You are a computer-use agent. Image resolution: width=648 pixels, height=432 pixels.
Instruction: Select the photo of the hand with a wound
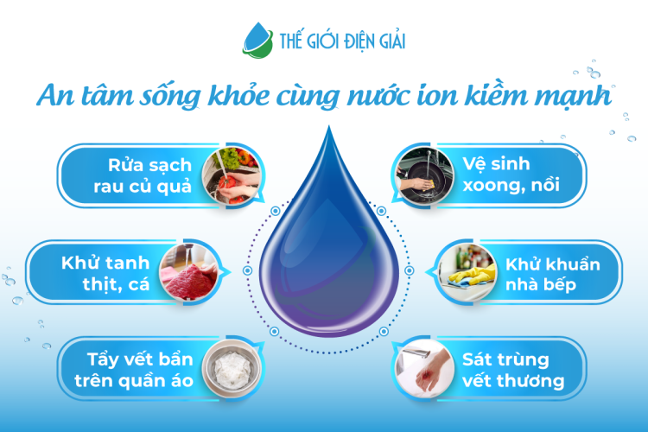click(421, 371)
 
